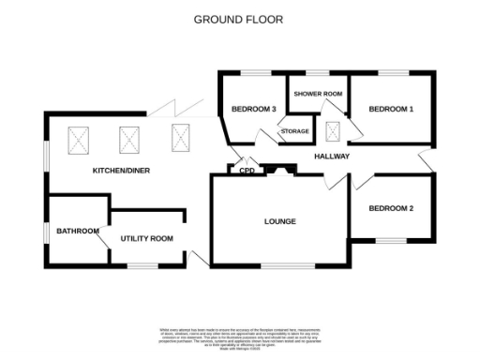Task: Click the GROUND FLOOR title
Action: pyautogui.click(x=238, y=18)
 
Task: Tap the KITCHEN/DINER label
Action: pyautogui.click(x=121, y=171)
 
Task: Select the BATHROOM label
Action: pyautogui.click(x=72, y=231)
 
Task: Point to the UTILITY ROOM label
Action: pyautogui.click(x=147, y=239)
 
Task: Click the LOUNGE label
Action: pyautogui.click(x=279, y=222)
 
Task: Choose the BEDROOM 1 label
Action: pyautogui.click(x=390, y=110)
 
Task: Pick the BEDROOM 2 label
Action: pyautogui.click(x=390, y=207)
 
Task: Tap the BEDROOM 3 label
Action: pyautogui.click(x=252, y=110)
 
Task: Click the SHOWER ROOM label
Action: pyautogui.click(x=317, y=94)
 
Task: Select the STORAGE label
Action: pyautogui.click(x=295, y=130)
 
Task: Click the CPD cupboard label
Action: pyautogui.click(x=247, y=172)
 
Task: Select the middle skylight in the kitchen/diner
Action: pyautogui.click(x=128, y=140)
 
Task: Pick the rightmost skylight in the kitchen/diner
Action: pyautogui.click(x=179, y=139)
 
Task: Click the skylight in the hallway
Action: pyautogui.click(x=331, y=131)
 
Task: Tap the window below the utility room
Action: pyautogui.click(x=142, y=268)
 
